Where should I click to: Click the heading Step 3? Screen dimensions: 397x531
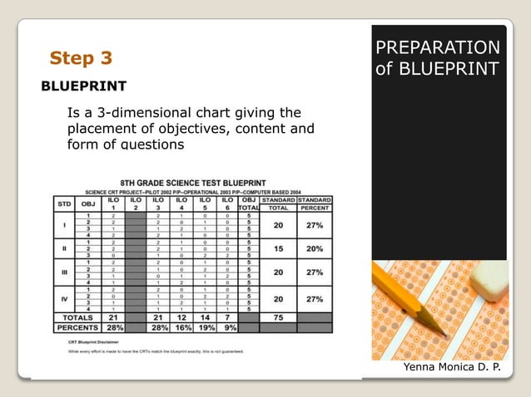(81, 58)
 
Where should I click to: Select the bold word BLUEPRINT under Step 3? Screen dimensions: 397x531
(83, 86)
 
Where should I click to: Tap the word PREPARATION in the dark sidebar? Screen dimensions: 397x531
(438, 47)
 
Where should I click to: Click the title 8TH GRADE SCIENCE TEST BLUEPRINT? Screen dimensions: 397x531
(193, 181)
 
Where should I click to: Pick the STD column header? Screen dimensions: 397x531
(63, 203)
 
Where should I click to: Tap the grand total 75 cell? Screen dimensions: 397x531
(278, 316)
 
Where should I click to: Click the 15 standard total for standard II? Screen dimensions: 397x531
(278, 248)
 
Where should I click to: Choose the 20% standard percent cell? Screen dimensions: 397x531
(315, 248)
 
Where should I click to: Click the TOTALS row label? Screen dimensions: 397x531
(77, 316)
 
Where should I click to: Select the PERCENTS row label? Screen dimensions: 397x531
(77, 327)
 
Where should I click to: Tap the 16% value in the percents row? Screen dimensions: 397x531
(181, 327)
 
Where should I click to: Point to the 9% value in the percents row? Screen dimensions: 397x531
(227, 327)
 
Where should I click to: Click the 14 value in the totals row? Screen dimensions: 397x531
(205, 316)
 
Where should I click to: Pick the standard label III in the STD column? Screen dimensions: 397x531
(63, 272)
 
